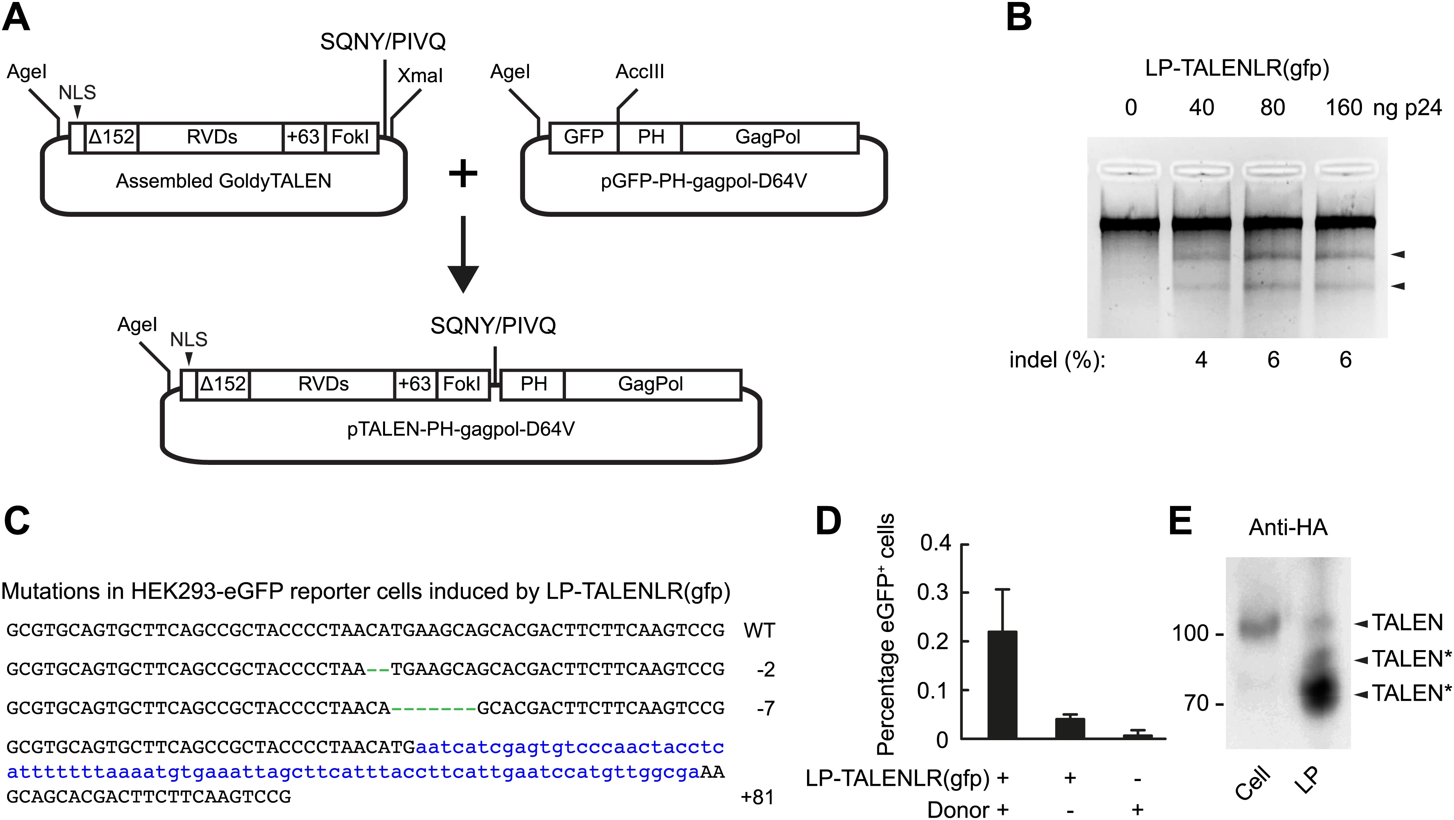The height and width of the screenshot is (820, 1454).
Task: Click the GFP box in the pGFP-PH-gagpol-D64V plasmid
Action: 584,137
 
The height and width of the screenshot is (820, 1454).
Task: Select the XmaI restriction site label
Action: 420,76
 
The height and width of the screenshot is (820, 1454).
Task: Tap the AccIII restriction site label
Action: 639,72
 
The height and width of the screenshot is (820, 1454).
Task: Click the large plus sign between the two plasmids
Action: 463,174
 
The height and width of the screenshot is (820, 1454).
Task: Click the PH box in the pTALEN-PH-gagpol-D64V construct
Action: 533,384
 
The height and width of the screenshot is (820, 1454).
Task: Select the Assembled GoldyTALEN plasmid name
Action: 223,181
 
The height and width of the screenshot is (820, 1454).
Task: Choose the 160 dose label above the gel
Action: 1343,108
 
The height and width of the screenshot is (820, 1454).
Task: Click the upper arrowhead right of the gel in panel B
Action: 1397,254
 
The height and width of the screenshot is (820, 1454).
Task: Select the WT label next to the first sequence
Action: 759,630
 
